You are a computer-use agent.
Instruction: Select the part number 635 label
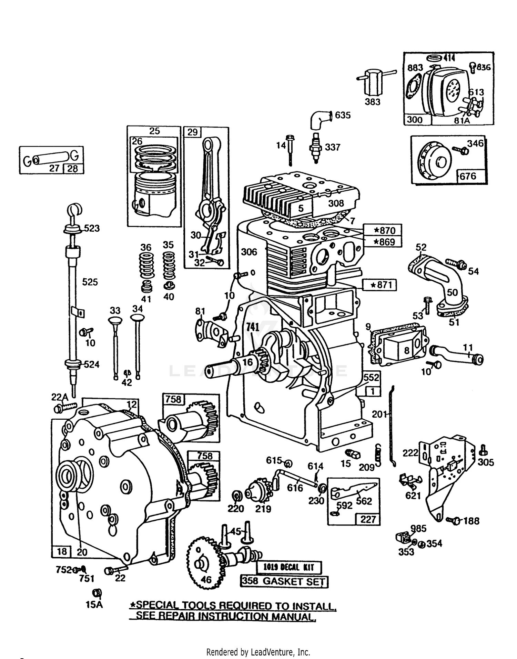(343, 115)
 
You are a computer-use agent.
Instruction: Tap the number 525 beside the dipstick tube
(90, 282)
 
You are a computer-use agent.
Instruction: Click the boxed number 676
(468, 176)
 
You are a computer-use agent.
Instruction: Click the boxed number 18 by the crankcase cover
(62, 551)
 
